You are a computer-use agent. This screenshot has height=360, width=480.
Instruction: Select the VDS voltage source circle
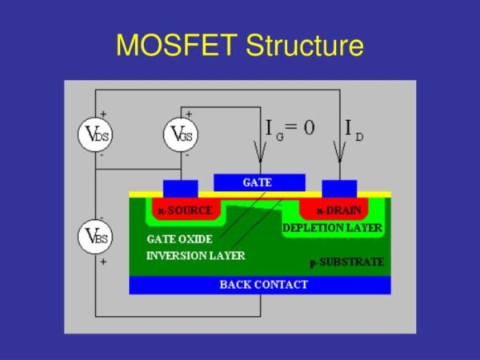click(93, 135)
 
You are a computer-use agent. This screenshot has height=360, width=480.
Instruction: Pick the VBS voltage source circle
click(93, 237)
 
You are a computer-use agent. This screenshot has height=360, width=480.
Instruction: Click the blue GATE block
click(258, 182)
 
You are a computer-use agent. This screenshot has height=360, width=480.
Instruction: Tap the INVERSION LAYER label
click(195, 256)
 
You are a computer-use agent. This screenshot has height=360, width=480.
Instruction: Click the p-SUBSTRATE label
click(346, 262)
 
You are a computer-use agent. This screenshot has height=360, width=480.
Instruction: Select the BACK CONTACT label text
click(258, 285)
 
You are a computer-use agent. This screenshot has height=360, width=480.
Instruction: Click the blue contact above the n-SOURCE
click(180, 188)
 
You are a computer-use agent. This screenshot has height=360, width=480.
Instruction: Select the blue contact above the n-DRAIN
click(338, 188)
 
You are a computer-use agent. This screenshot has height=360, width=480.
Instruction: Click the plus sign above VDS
click(102, 114)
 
